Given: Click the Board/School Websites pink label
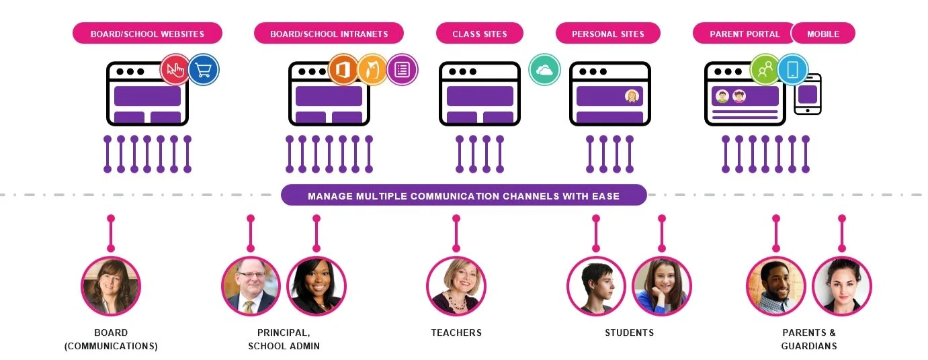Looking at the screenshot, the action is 147,34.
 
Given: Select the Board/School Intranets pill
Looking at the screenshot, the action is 329,34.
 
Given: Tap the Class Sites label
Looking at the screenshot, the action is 479,34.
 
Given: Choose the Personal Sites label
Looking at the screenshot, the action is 607,34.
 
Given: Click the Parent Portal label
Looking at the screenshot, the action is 744,34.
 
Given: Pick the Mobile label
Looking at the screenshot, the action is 822,34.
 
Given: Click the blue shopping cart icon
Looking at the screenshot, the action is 203,70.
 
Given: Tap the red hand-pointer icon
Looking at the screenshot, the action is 175,70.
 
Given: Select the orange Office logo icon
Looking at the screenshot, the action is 343,70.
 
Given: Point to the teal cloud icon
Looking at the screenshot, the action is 544,70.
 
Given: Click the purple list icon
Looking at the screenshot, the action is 402,70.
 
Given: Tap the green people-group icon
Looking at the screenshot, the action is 765,70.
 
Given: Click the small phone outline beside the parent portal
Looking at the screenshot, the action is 808,94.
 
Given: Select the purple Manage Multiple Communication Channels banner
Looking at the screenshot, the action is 464,196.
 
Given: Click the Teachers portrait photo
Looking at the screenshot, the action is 456,286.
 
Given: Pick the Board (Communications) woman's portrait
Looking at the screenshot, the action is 111,286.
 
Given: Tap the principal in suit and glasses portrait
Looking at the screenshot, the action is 251,286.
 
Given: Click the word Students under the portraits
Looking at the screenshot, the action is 629,332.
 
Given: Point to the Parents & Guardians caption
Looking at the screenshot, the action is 809,339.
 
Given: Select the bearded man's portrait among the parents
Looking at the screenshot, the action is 775,286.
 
